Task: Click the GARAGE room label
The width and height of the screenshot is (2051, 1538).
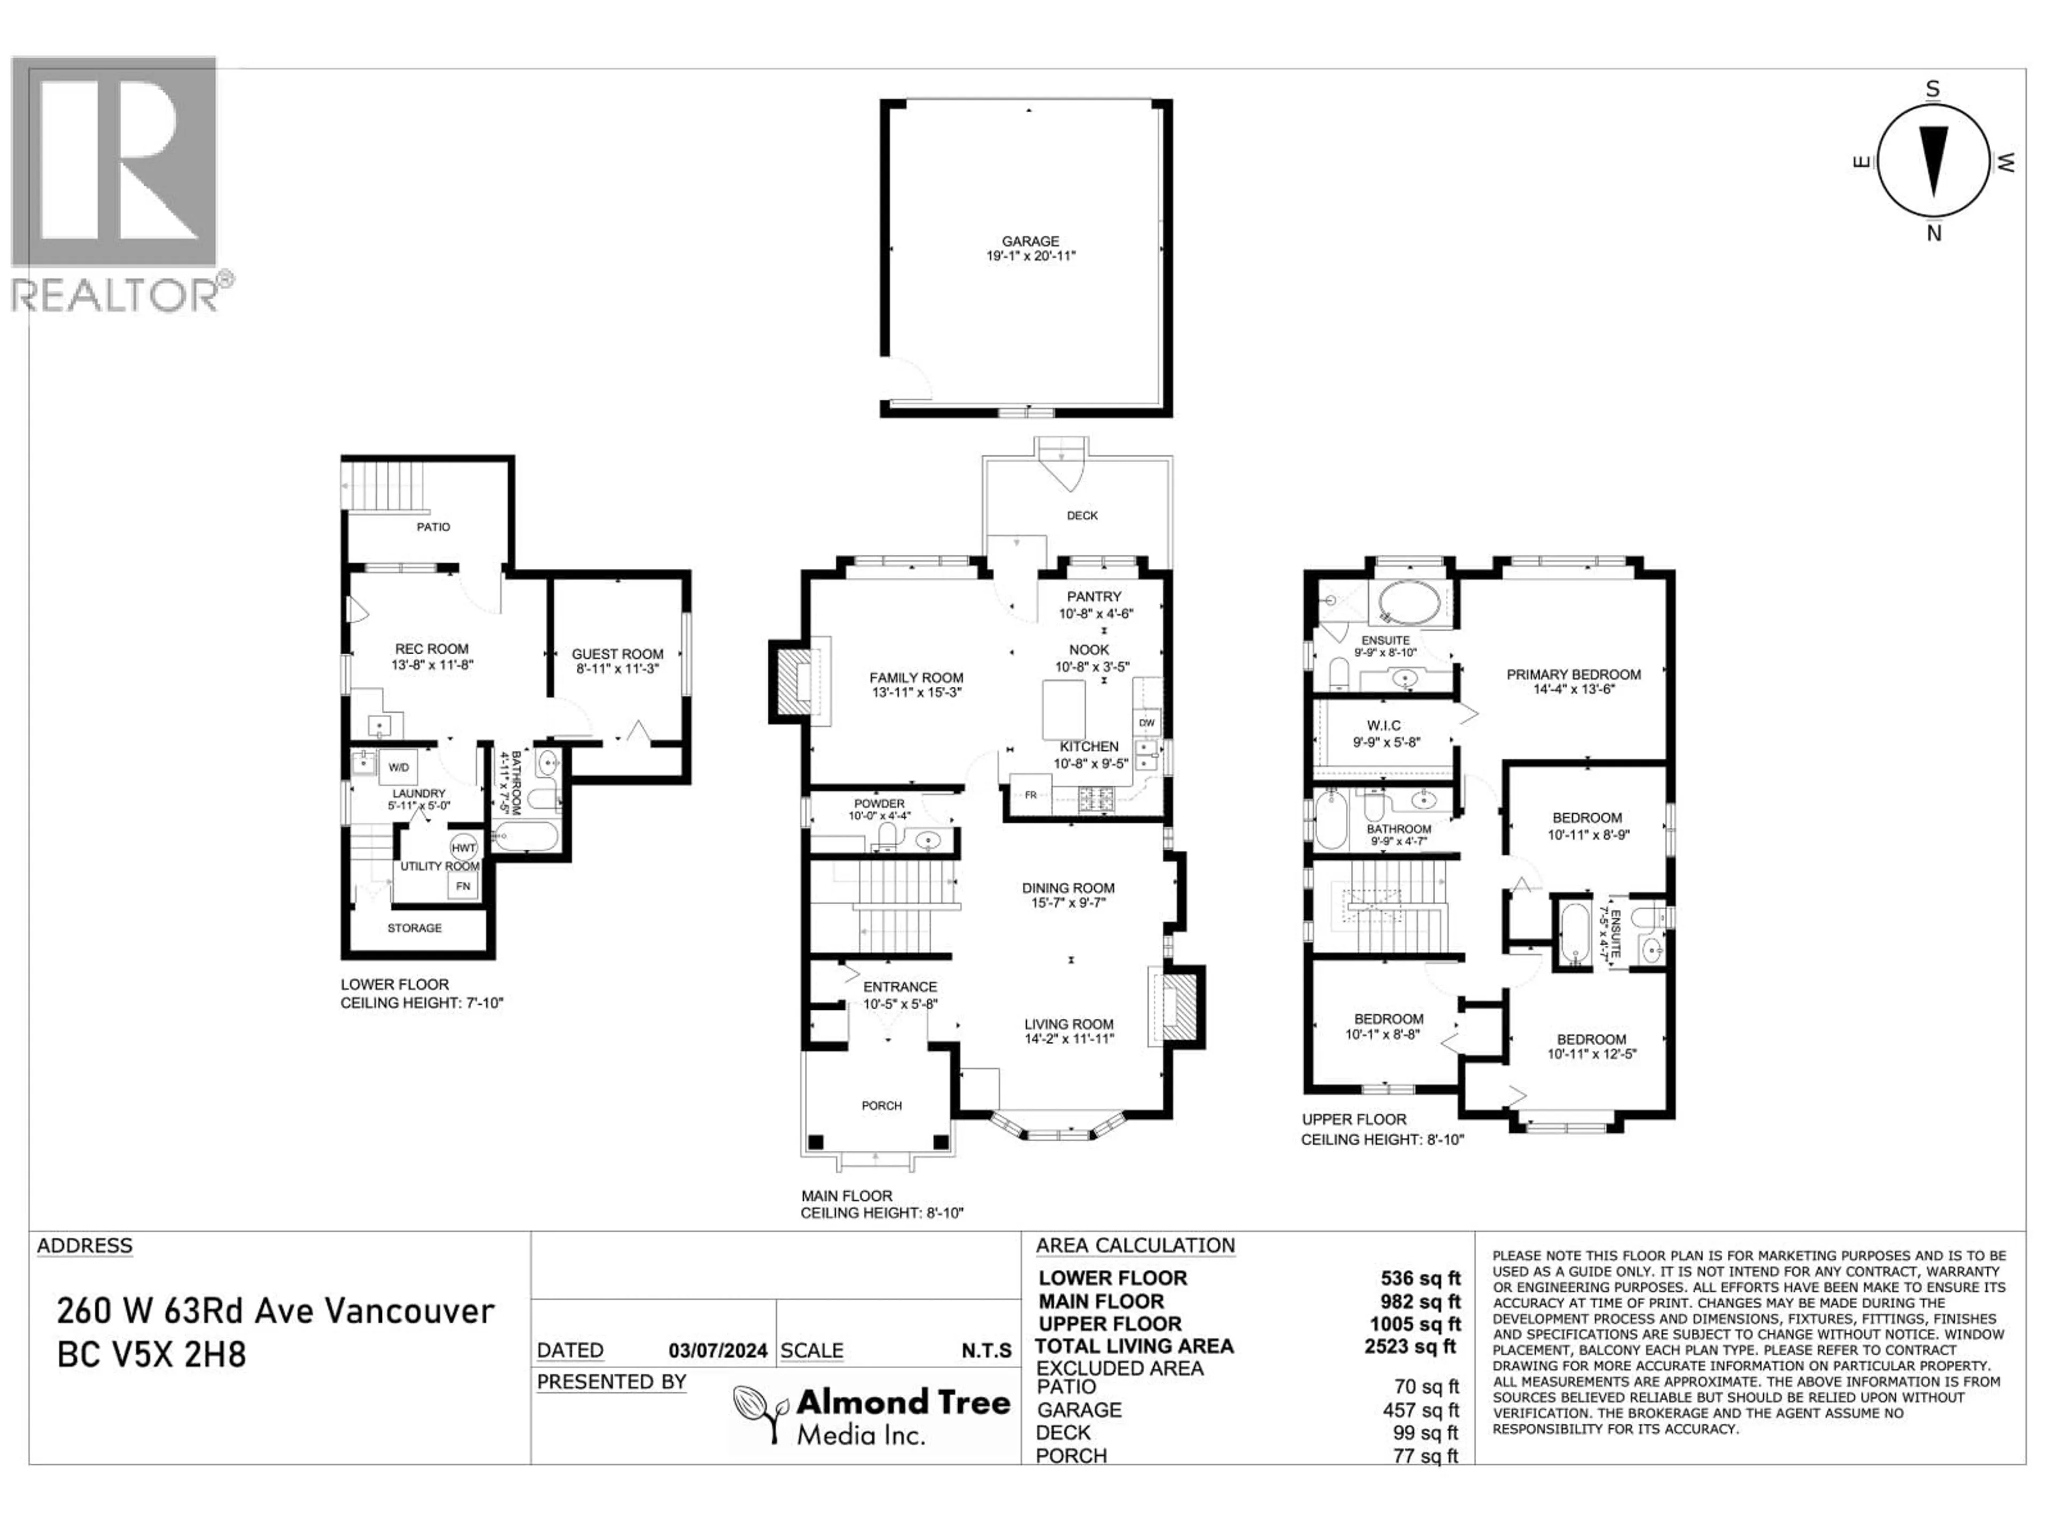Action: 1030,241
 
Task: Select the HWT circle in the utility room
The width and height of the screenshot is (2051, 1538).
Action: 464,848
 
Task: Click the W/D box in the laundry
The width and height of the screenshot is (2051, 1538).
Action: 398,767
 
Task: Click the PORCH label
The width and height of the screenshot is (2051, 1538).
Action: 881,1105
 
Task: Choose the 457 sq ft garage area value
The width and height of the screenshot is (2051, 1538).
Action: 1421,1410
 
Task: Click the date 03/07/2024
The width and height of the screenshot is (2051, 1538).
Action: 718,1351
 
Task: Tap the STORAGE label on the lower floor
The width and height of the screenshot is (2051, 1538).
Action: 414,928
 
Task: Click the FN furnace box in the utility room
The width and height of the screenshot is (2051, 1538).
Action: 463,886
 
